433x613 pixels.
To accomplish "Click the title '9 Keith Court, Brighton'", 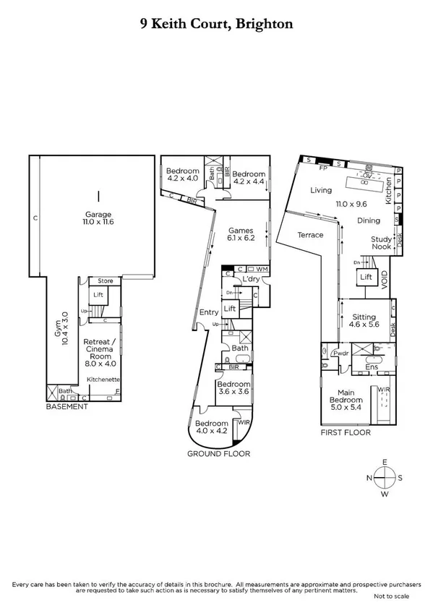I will pyautogui.click(x=216, y=25).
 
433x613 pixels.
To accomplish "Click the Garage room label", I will pyautogui.click(x=98, y=218).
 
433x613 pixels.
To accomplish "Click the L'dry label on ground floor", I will pyautogui.click(x=251, y=279).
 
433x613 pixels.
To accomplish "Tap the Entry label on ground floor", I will pyautogui.click(x=209, y=312).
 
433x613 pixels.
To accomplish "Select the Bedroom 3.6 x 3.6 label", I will pyautogui.click(x=233, y=387).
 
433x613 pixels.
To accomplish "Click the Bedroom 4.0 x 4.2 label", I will pyautogui.click(x=212, y=426).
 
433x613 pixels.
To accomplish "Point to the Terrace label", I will pyautogui.click(x=310, y=235).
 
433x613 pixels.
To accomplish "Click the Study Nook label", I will pyautogui.click(x=382, y=243).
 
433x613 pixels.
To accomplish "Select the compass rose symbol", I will pyautogui.click(x=385, y=478).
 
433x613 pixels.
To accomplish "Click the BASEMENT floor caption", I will pyautogui.click(x=67, y=407).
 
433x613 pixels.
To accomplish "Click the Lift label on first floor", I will pyautogui.click(x=365, y=277).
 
